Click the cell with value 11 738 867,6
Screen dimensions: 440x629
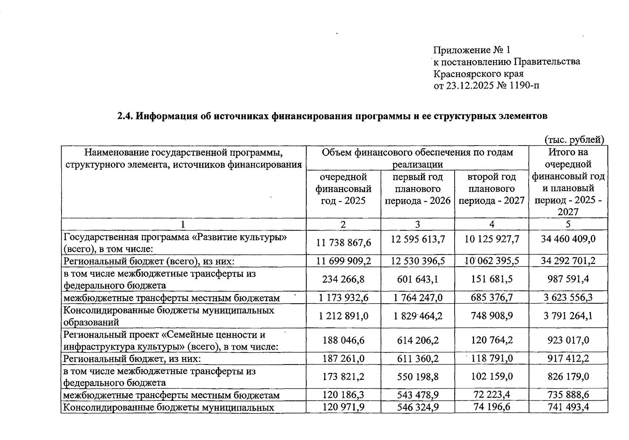(343, 242)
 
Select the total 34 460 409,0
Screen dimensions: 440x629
(568, 239)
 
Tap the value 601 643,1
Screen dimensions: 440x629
(418, 279)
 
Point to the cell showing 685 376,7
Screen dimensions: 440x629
(492, 297)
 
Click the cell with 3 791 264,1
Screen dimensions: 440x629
(568, 316)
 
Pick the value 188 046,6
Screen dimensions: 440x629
(343, 340)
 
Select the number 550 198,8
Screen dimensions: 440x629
(418, 377)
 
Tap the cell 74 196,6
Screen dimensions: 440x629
(492, 407)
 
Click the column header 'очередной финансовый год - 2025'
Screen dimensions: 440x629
(343, 189)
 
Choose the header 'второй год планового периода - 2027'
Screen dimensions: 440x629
(492, 189)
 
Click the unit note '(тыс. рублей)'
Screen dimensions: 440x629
(574, 140)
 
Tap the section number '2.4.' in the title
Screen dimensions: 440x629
(125, 116)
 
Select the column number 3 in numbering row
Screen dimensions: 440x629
(418, 224)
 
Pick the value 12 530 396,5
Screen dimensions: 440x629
(418, 261)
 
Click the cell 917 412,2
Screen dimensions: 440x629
(568, 358)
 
